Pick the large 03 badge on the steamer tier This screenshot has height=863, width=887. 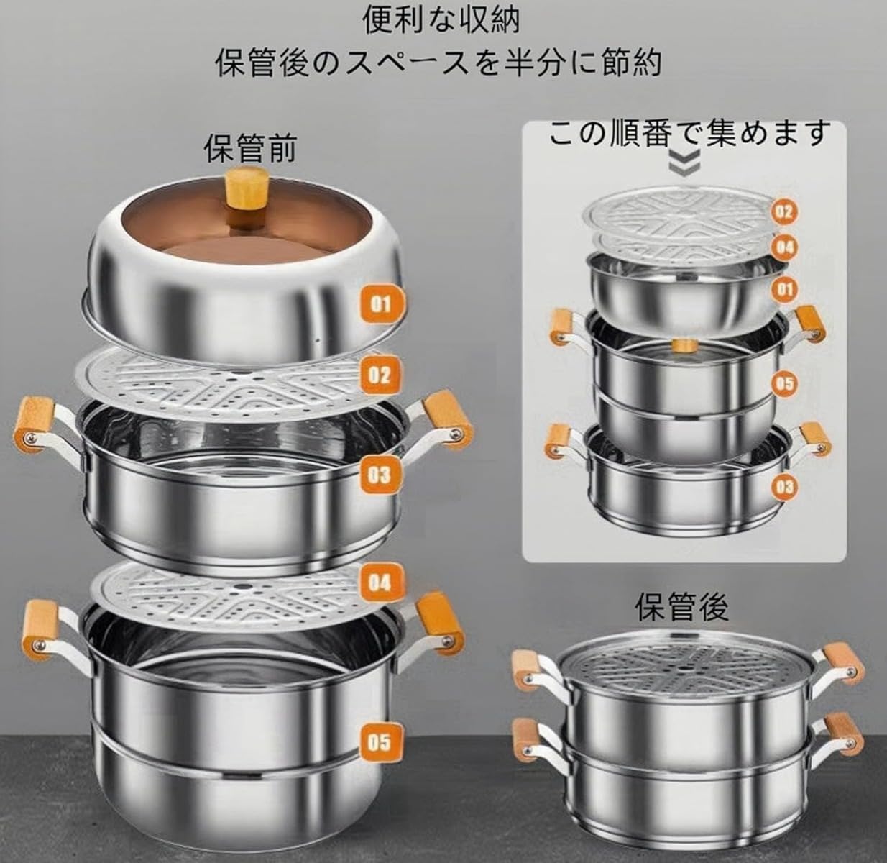380,474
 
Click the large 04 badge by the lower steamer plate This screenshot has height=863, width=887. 380,581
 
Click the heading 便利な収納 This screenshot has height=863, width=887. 441,19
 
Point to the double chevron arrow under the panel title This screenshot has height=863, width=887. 684,164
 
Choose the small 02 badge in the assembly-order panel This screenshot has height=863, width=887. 785,211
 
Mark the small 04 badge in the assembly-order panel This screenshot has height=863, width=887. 785,247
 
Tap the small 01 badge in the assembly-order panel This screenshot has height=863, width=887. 785,289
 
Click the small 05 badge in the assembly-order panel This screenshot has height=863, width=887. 785,383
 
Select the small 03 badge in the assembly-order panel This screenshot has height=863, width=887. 785,487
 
